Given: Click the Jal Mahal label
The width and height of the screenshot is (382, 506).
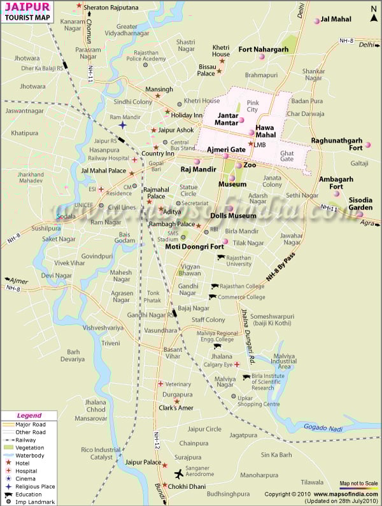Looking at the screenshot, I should tap(336, 20).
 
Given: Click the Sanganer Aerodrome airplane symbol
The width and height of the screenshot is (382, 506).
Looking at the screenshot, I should tap(180, 475).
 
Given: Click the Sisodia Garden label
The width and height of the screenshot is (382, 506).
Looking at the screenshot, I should tap(360, 204).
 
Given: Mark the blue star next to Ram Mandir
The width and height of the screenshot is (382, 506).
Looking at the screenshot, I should tap(122, 125).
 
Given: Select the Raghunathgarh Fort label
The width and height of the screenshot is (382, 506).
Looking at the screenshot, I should tap(336, 144).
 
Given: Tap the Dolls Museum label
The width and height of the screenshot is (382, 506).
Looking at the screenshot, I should tap(233, 216).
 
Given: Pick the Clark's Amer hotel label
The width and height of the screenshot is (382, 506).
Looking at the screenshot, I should tap(176, 408).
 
